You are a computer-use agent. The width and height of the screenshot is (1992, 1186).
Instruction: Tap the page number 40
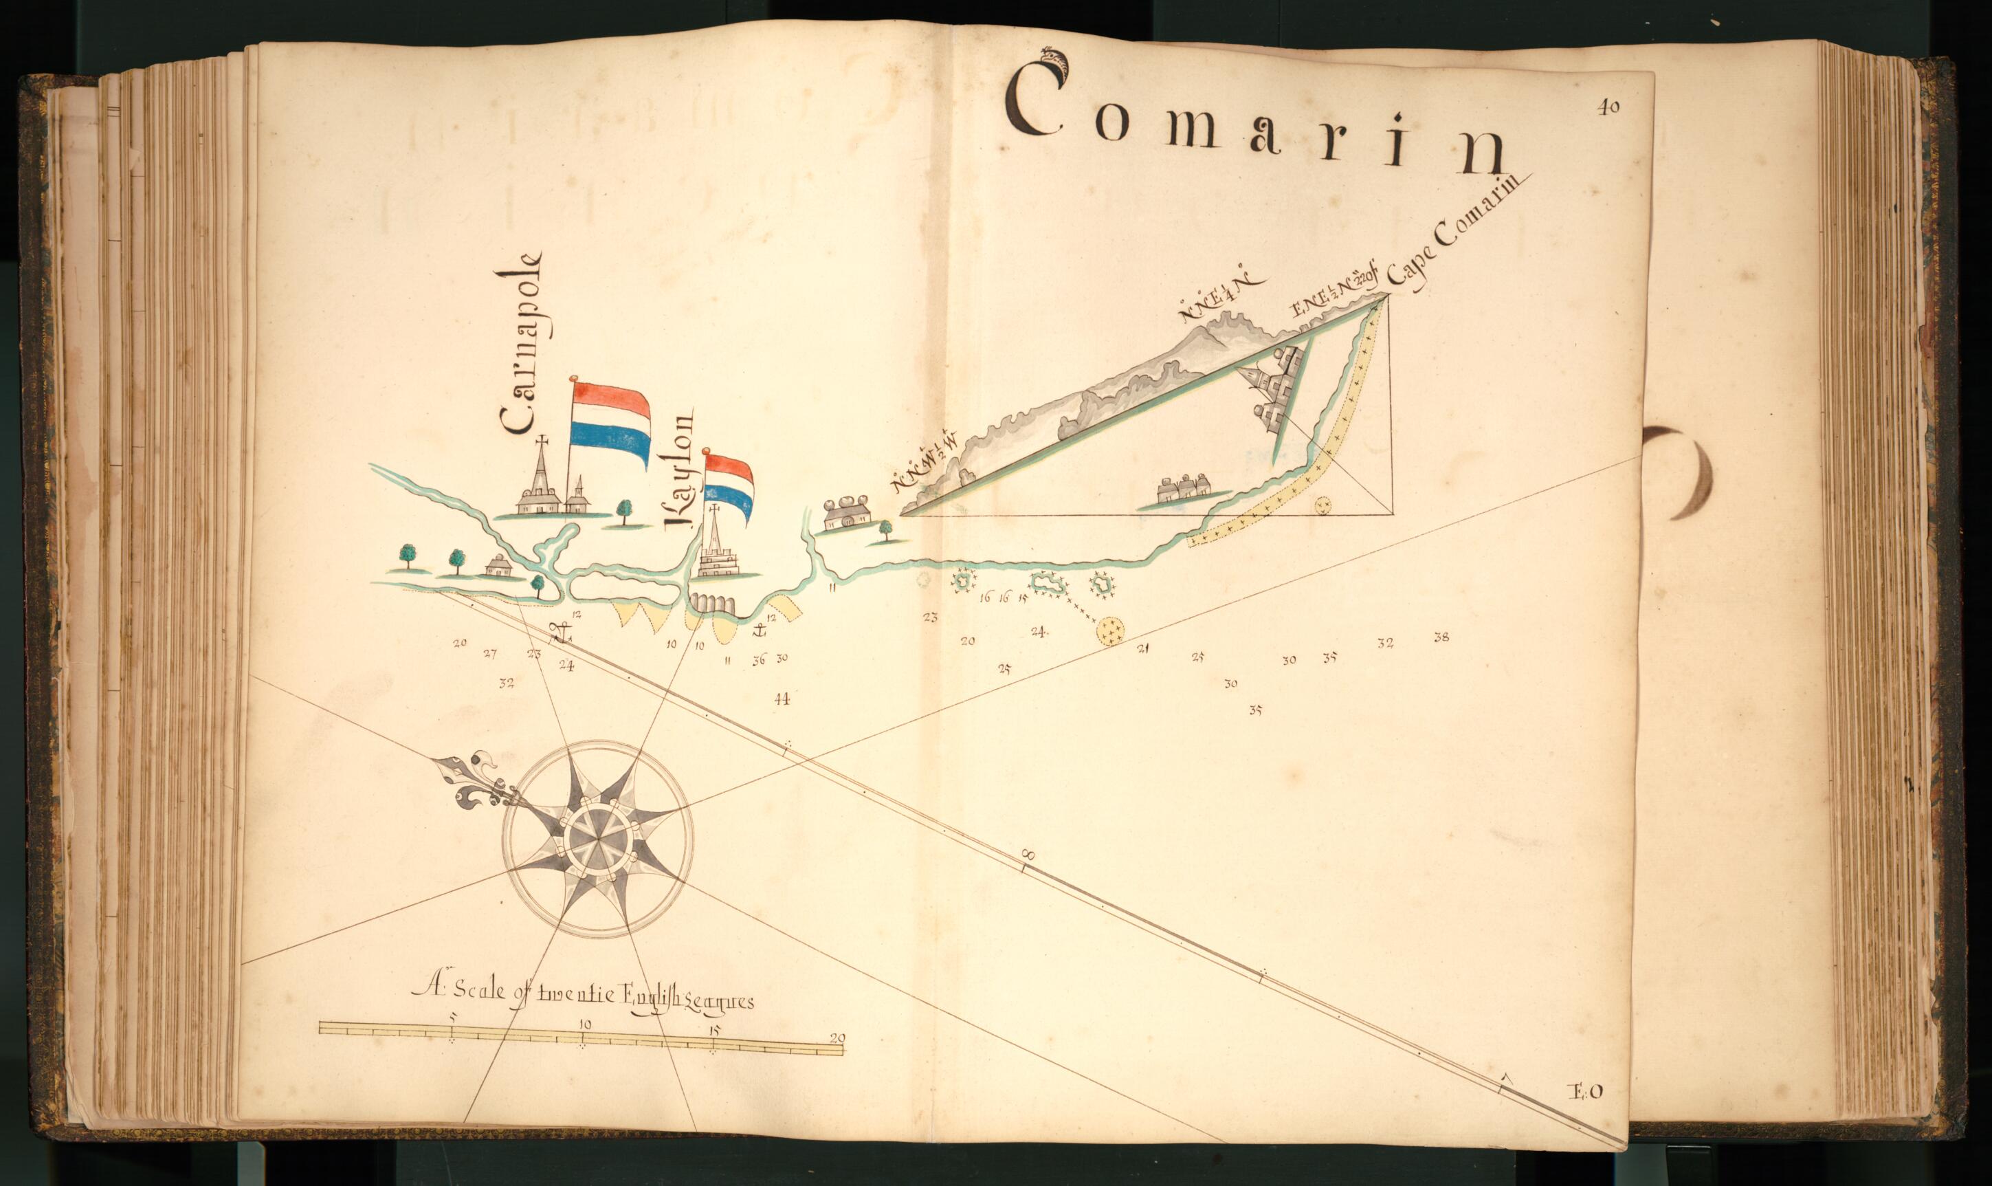(1608, 109)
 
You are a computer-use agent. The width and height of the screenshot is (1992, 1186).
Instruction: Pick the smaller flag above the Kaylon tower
(729, 484)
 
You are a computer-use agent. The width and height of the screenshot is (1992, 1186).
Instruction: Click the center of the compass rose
(598, 837)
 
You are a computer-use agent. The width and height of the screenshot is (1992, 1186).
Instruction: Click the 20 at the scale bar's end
(837, 1039)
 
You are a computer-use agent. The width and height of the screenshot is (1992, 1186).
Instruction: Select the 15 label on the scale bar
(714, 1030)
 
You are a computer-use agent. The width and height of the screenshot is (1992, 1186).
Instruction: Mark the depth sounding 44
(782, 699)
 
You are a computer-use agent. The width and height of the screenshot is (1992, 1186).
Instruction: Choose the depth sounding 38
(1441, 637)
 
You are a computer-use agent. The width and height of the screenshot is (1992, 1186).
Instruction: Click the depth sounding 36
(758, 659)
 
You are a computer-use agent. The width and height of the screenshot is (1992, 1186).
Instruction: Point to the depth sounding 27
(490, 653)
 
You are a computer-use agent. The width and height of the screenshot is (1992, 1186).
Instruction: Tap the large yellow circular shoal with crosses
(1110, 630)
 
